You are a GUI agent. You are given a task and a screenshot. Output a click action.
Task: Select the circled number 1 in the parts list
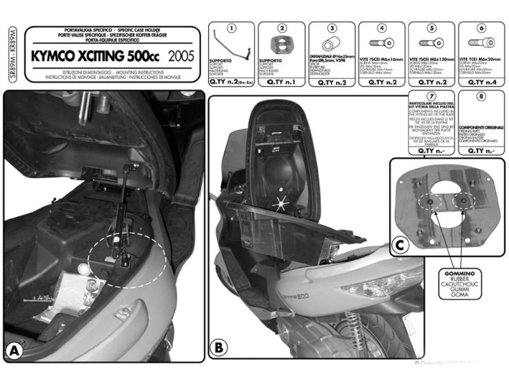point(232,29)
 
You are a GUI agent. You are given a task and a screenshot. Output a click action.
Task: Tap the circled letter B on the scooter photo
point(218,348)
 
